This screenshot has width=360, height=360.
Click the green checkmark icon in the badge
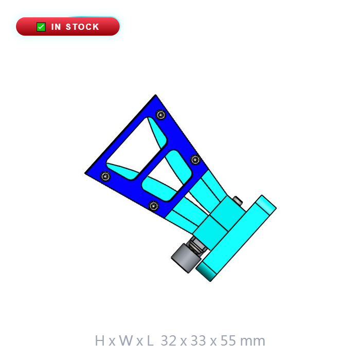(x=41, y=27)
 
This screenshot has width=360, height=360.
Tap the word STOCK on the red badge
(x=82, y=27)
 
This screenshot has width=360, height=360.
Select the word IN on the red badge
(x=56, y=27)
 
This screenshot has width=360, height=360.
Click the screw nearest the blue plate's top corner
(x=160, y=115)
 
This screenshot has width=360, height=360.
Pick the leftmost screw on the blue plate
(x=105, y=176)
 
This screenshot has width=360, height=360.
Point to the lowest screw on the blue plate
(x=154, y=206)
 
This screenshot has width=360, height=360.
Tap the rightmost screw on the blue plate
(x=195, y=159)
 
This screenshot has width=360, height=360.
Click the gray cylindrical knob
(x=186, y=258)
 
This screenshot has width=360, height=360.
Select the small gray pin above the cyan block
(x=238, y=201)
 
